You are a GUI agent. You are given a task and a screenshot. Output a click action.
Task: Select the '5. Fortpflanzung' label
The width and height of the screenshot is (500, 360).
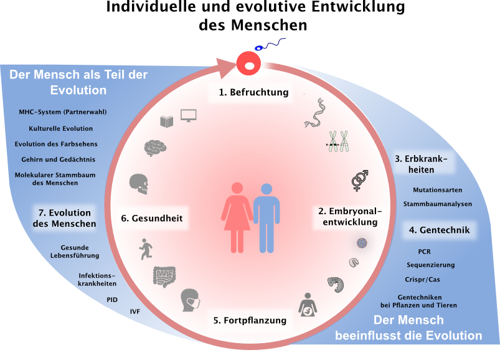(x=249, y=321)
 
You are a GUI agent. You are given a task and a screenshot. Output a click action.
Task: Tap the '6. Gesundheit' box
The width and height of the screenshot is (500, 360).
(x=151, y=219)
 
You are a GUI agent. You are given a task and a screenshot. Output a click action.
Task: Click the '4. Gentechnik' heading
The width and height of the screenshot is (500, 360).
(x=439, y=230)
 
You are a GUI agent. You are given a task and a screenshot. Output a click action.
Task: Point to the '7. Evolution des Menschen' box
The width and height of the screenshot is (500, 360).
(x=64, y=218)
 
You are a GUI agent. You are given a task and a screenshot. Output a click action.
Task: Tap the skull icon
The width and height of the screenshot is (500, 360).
(x=139, y=182)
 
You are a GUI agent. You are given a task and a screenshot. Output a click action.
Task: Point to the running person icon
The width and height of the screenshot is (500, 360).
(x=146, y=249)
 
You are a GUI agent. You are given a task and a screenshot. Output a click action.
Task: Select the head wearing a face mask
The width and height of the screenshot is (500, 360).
(x=191, y=300)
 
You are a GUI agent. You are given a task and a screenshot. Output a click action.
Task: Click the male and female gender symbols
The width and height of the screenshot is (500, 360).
(x=360, y=179)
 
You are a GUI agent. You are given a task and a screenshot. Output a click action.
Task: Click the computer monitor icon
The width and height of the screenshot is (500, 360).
(x=188, y=115)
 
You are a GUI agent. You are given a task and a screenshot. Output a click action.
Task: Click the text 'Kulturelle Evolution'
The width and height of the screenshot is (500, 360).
(x=61, y=128)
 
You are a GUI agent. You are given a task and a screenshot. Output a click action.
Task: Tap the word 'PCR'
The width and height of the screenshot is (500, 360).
(x=424, y=252)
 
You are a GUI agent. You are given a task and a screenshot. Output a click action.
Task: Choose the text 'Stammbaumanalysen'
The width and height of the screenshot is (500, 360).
(x=437, y=204)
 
